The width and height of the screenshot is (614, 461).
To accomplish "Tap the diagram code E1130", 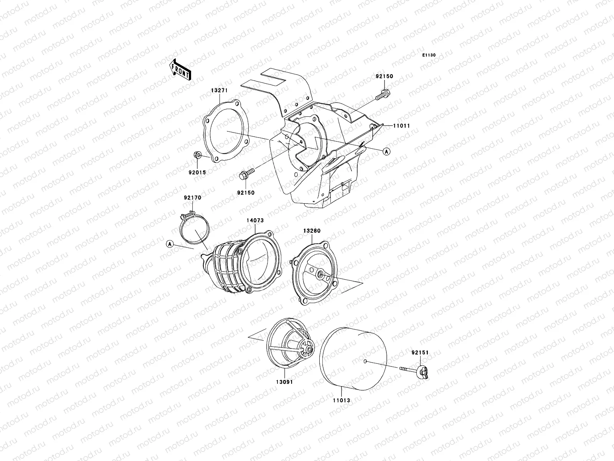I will tap(429, 55).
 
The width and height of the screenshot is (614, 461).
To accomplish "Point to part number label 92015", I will tap(197, 172).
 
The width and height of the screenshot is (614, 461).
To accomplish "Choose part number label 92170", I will tap(192, 198).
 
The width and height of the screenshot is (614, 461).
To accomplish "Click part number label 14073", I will tap(255, 221).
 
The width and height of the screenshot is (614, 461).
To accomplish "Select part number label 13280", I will tap(312, 231).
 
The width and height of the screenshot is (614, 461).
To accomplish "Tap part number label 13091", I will tap(284, 382).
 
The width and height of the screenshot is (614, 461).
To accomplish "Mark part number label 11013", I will tap(341, 400).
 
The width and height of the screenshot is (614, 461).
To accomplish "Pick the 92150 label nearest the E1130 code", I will tap(384, 77).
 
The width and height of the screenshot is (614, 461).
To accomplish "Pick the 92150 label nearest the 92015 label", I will tap(246, 193).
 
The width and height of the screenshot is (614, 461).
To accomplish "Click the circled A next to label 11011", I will tap(387, 152).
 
